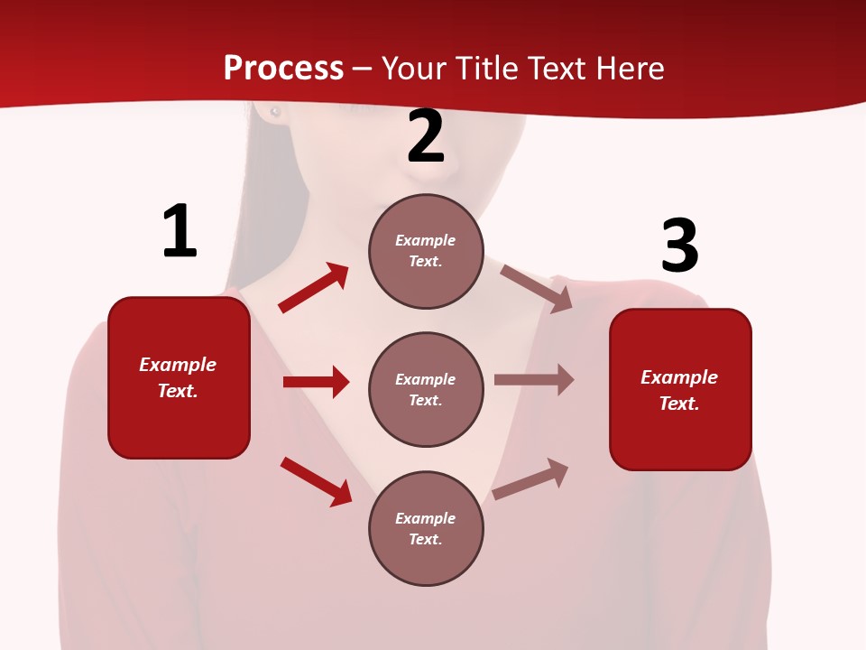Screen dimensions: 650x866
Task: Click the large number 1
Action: point(180,232)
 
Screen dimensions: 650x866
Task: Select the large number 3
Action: point(679,246)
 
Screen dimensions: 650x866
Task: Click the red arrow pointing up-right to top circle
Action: point(313,288)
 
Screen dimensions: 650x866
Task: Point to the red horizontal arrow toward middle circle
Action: point(316,382)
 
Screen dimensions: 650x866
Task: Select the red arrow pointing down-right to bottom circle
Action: point(316,482)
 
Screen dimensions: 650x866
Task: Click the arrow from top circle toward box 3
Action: point(537,289)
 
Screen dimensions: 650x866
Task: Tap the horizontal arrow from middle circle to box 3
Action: point(534,380)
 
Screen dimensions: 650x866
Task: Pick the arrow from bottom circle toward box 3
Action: point(530,478)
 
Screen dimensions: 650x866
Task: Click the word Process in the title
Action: point(283,69)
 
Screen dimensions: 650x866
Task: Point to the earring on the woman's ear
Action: point(275,112)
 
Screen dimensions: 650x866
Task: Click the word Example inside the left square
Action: point(178,365)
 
